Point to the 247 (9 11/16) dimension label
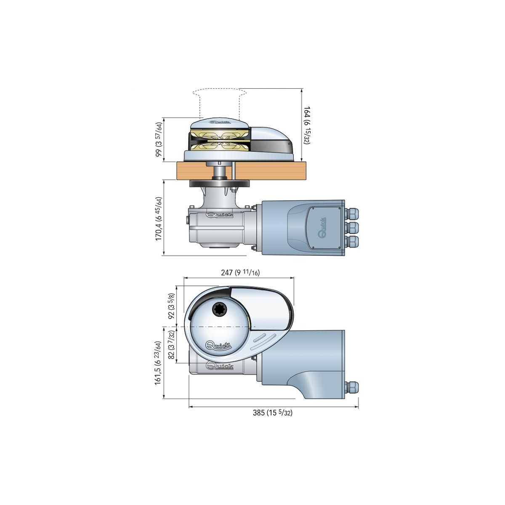[x=240, y=273]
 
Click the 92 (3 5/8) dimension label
[x=172, y=306]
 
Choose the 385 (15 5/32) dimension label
[x=272, y=413]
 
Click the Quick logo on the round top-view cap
[x=218, y=346]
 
